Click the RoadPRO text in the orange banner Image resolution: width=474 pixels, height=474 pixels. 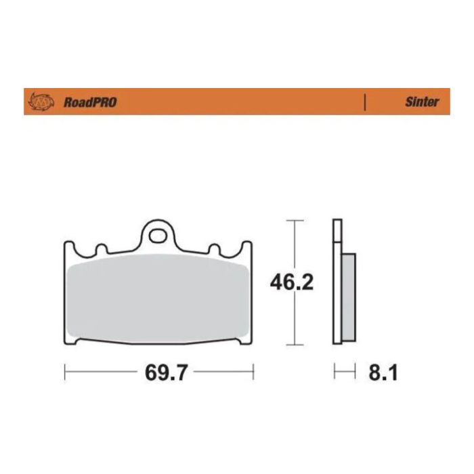pyautogui.click(x=90, y=102)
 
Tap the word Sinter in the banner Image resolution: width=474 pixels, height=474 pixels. pyautogui.click(x=422, y=102)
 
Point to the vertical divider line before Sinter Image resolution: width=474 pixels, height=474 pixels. pyautogui.click(x=366, y=102)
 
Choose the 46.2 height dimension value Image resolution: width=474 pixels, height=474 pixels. pyautogui.click(x=292, y=282)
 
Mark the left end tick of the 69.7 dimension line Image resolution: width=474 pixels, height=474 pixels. pyautogui.click(x=64, y=372)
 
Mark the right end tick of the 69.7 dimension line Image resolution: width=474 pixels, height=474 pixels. pyautogui.click(x=253, y=372)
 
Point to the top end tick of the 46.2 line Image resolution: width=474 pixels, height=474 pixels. pyautogui.click(x=293, y=221)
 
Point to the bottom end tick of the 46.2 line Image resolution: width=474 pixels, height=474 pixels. pyautogui.click(x=293, y=344)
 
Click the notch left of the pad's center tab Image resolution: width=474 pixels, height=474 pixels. pyautogui.click(x=102, y=249)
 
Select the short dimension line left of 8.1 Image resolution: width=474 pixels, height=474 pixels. pyautogui.click(x=345, y=372)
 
